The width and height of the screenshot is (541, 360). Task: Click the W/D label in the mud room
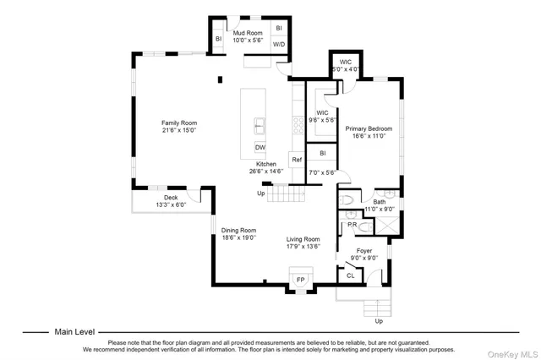(279, 44)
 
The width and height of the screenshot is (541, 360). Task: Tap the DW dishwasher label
(260, 147)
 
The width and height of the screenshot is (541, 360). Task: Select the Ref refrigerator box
(297, 159)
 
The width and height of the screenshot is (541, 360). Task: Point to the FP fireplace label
(300, 279)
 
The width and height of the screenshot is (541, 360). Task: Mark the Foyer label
(363, 251)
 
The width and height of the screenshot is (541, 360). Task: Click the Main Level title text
(74, 332)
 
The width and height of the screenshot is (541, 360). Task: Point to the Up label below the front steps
(378, 321)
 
